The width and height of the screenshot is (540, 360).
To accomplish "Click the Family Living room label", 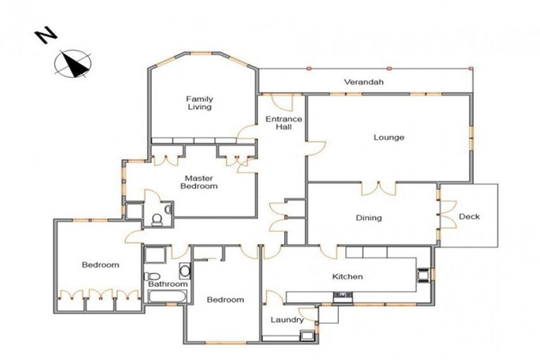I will (199, 103).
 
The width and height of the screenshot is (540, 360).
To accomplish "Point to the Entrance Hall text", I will (283, 123).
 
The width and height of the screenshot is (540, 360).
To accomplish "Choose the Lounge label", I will (388, 137).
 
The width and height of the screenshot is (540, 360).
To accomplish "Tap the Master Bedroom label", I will (199, 182).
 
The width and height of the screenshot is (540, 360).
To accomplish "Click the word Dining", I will (368, 218).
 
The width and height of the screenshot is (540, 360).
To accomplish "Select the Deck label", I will (469, 217).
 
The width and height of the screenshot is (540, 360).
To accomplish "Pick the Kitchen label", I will (347, 276).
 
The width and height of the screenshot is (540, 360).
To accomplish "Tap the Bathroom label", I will (167, 284).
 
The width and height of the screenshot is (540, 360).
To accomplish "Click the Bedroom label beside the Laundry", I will (225, 300).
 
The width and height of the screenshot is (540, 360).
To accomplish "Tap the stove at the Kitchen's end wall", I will (424, 274).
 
